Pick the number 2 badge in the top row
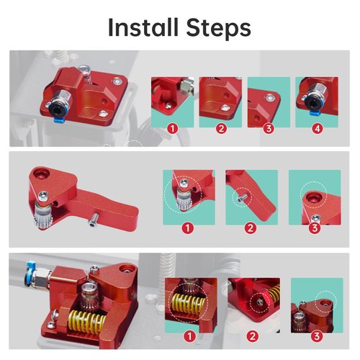[x=220, y=130]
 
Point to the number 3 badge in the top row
[x=269, y=130]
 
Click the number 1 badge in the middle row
[x=187, y=229]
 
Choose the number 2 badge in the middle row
[x=251, y=229]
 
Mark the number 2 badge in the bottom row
[x=253, y=336]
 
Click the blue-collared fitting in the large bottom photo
[x=30, y=271]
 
